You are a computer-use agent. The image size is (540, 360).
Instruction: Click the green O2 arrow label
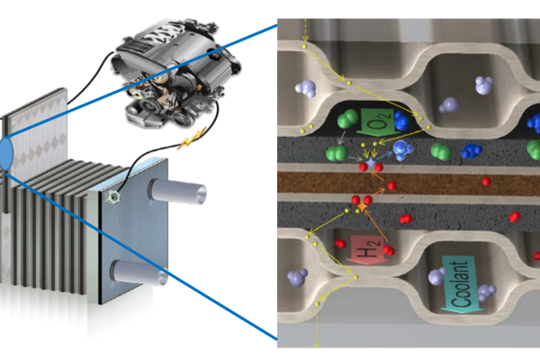point(377,122)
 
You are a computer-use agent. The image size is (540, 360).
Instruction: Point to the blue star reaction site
point(370,162)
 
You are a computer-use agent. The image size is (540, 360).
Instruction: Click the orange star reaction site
point(362,207)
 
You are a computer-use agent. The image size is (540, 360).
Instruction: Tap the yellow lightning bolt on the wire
point(192,139)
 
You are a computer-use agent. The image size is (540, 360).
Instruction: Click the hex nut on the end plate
point(112,197)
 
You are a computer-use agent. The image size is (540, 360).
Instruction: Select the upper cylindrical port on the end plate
point(177,191)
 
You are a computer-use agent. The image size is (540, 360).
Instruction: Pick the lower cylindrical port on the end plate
point(139,273)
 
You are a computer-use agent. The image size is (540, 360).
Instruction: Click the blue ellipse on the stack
point(6,154)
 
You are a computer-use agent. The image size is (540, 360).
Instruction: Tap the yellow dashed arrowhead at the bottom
point(317,344)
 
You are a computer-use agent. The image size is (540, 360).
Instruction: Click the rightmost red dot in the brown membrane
point(486,181)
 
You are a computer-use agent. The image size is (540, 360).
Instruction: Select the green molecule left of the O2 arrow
point(348,120)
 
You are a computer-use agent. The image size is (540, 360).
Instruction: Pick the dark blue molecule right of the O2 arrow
point(401,121)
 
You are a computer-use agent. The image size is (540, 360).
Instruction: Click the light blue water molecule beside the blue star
point(402,150)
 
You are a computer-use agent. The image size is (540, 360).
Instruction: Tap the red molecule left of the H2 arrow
point(340,243)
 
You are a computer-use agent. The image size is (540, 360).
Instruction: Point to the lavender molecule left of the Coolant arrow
point(437,276)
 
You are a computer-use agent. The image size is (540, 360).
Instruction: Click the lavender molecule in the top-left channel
point(305,88)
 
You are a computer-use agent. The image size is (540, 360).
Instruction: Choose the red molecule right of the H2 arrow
point(389,250)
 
